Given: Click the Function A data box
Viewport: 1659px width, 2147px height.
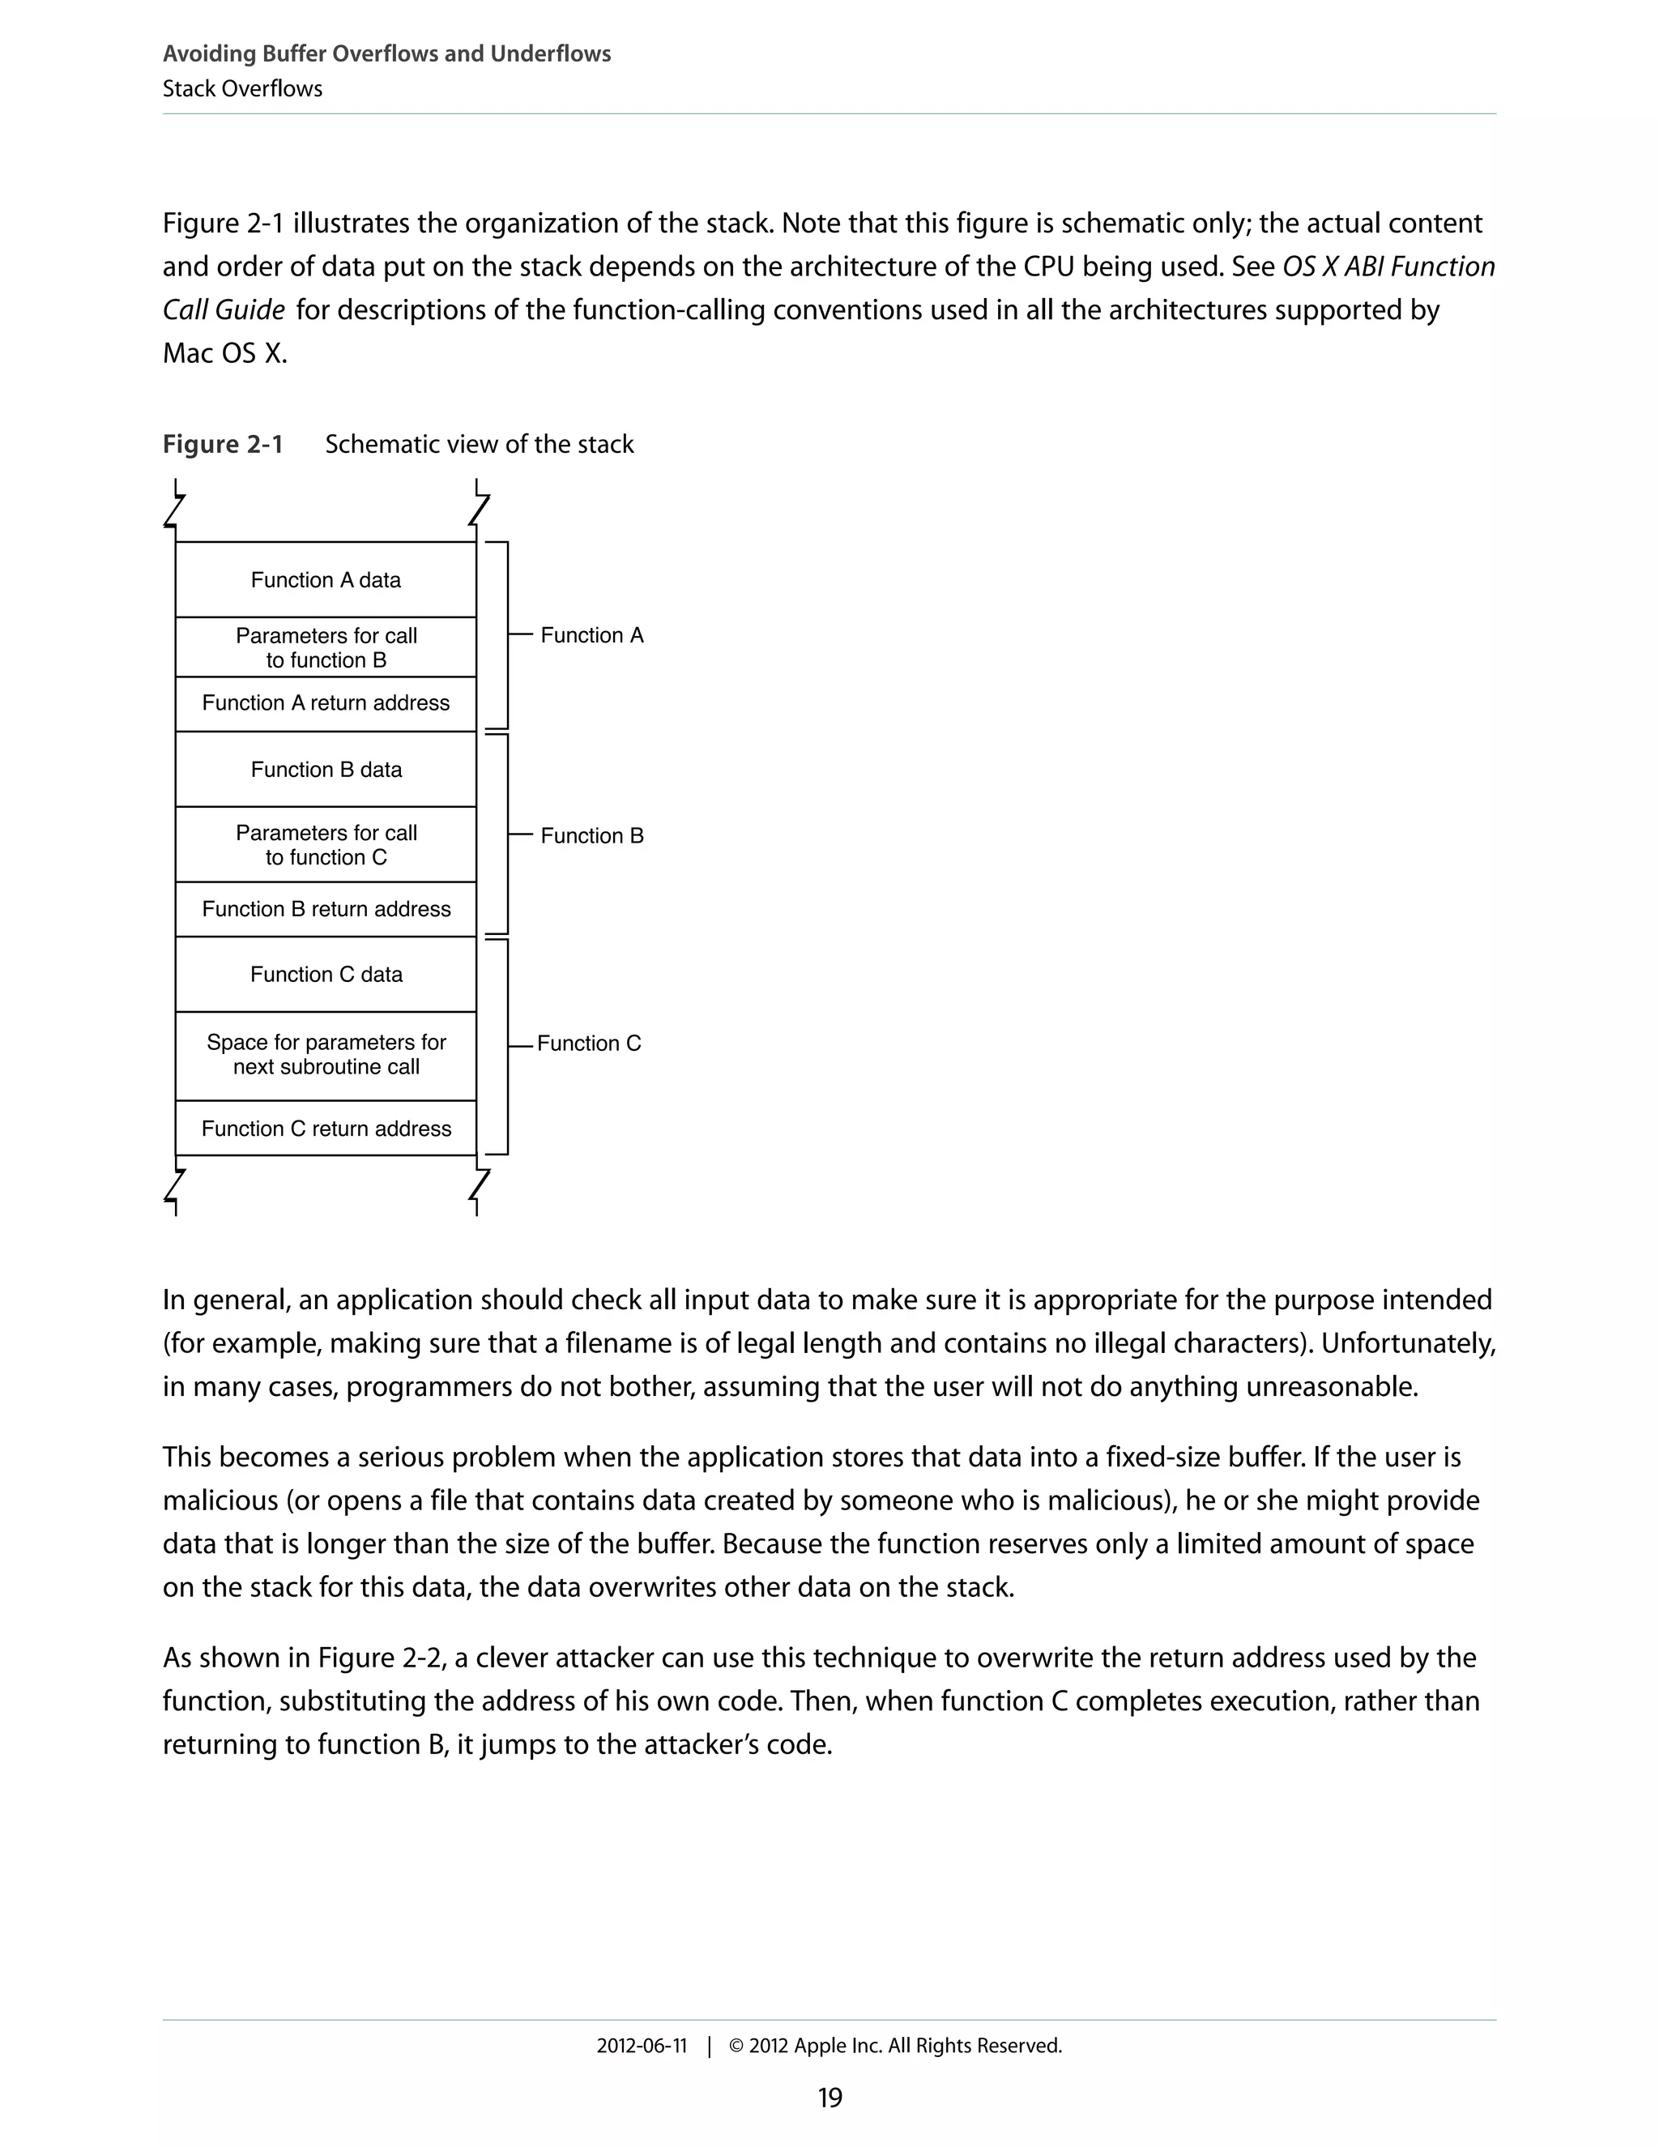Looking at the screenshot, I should pyautogui.click(x=326, y=580).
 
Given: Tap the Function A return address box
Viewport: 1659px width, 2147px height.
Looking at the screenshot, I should pyautogui.click(x=326, y=704).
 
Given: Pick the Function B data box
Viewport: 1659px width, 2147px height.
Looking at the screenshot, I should pyautogui.click(x=326, y=770).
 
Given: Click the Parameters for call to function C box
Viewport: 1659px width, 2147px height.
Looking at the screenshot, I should pyautogui.click(x=326, y=845).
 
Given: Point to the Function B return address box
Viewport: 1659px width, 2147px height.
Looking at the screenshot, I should pyautogui.click(x=326, y=909).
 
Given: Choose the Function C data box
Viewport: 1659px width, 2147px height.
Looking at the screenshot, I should pyautogui.click(x=326, y=974).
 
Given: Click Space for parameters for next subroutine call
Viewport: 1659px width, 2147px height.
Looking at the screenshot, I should pyautogui.click(x=326, y=1055).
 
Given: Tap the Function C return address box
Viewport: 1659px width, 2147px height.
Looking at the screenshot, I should pyautogui.click(x=326, y=1129).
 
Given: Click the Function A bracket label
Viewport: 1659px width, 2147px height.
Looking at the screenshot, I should pyautogui.click(x=591, y=636).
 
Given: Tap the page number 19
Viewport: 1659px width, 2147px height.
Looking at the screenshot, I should pyautogui.click(x=829, y=2098).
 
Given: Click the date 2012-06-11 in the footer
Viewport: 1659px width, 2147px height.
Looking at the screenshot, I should pyautogui.click(x=642, y=2047).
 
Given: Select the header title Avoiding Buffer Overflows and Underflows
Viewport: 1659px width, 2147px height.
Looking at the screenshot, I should pyautogui.click(x=386, y=54).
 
